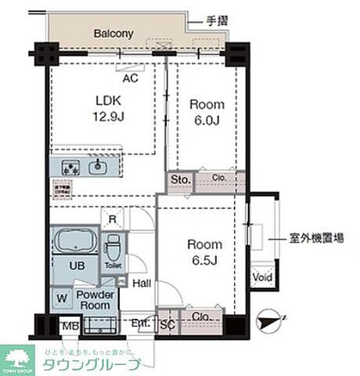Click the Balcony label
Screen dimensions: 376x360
click(x=114, y=34)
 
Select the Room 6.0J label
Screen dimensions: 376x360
click(x=207, y=111)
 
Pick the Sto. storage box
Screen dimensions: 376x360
click(x=180, y=180)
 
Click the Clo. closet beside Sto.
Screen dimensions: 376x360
click(x=220, y=179)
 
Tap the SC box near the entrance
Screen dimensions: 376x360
click(x=167, y=323)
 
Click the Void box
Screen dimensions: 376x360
click(x=261, y=277)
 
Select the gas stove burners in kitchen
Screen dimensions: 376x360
click(x=69, y=167)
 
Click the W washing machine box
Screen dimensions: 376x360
click(x=62, y=298)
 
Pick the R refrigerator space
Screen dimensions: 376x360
click(x=113, y=219)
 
